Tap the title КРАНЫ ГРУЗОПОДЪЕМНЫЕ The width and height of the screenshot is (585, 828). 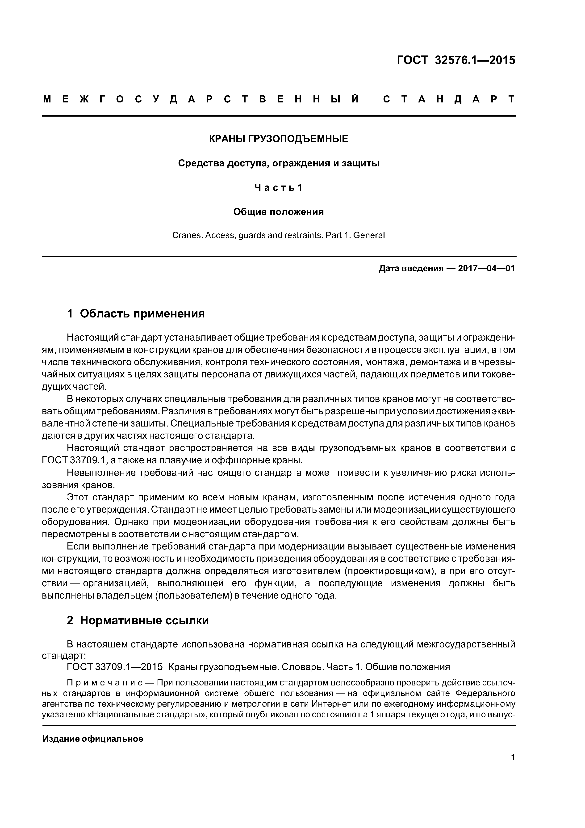279,139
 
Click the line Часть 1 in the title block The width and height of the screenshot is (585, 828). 279,187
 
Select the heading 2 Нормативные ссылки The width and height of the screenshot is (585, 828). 138,621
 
